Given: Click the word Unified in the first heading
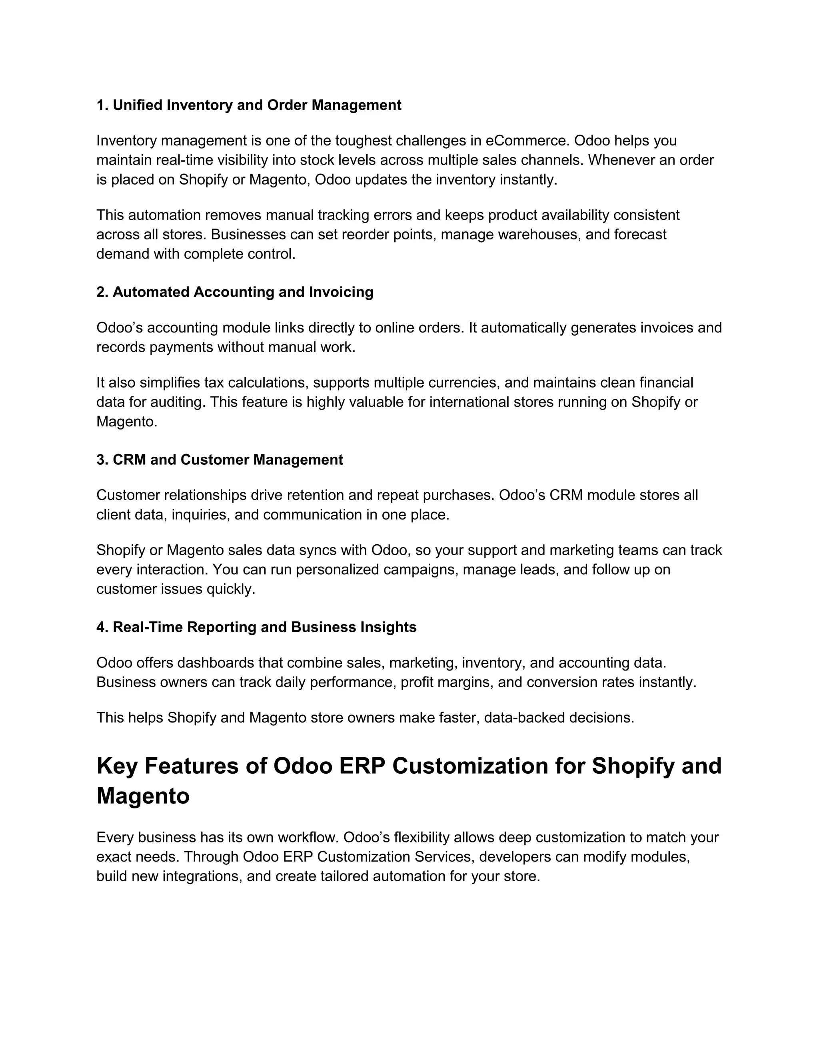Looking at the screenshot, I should (x=138, y=105).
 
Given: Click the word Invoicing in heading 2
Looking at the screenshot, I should (x=341, y=292).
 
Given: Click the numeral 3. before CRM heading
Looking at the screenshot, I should (x=102, y=460).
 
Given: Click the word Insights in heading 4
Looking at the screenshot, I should (x=388, y=627).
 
